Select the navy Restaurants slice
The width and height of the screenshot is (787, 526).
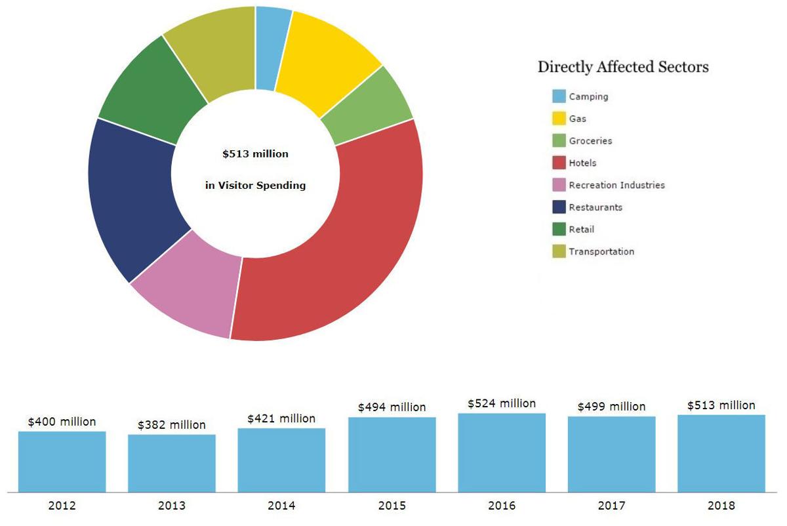coord(131,197)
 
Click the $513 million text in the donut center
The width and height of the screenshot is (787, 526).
coord(255,154)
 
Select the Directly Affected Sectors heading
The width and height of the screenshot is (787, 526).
coord(622,67)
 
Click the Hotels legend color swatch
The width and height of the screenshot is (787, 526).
coord(559,163)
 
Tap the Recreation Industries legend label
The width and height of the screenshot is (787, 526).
coord(616,185)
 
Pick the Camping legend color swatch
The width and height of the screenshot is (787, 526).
coord(559,96)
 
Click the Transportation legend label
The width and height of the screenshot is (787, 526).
coord(601,251)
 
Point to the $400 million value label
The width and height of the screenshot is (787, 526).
coord(62,422)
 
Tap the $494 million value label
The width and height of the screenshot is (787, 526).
coord(392,407)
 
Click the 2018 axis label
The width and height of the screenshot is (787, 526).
coord(721,506)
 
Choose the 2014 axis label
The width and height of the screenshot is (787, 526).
coord(281,506)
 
